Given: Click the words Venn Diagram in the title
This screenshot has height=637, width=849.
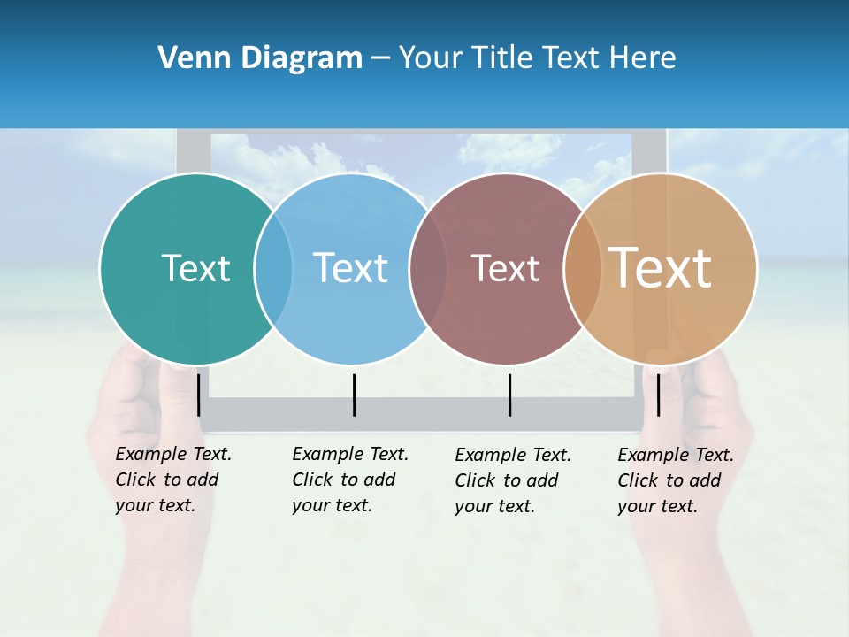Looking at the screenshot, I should tap(260, 58).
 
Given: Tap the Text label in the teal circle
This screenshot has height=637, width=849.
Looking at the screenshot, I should tap(195, 268).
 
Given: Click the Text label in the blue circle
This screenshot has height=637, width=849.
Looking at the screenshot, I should tap(351, 268).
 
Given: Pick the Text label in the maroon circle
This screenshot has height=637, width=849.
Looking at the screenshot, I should tap(505, 268).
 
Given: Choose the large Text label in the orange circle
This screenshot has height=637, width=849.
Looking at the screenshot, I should tap(661, 268).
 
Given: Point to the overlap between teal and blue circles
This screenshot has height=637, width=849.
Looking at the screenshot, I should tap(273, 268).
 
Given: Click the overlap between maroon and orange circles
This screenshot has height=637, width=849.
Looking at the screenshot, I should tap(583, 268).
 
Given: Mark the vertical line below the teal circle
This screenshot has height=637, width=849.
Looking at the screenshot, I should tap(198, 395).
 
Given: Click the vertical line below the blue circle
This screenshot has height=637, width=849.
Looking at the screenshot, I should tap(354, 395).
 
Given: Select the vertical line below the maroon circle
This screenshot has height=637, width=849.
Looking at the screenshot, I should tap(509, 395).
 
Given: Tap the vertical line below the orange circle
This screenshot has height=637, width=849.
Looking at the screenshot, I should tap(658, 395).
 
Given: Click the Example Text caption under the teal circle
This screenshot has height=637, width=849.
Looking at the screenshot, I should tap(172, 480).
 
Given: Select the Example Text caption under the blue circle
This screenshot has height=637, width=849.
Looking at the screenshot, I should tap(349, 480).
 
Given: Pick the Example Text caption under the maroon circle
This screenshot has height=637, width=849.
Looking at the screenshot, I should tap(512, 480).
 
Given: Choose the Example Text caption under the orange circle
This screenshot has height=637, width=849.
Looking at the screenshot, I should tap(675, 480).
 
